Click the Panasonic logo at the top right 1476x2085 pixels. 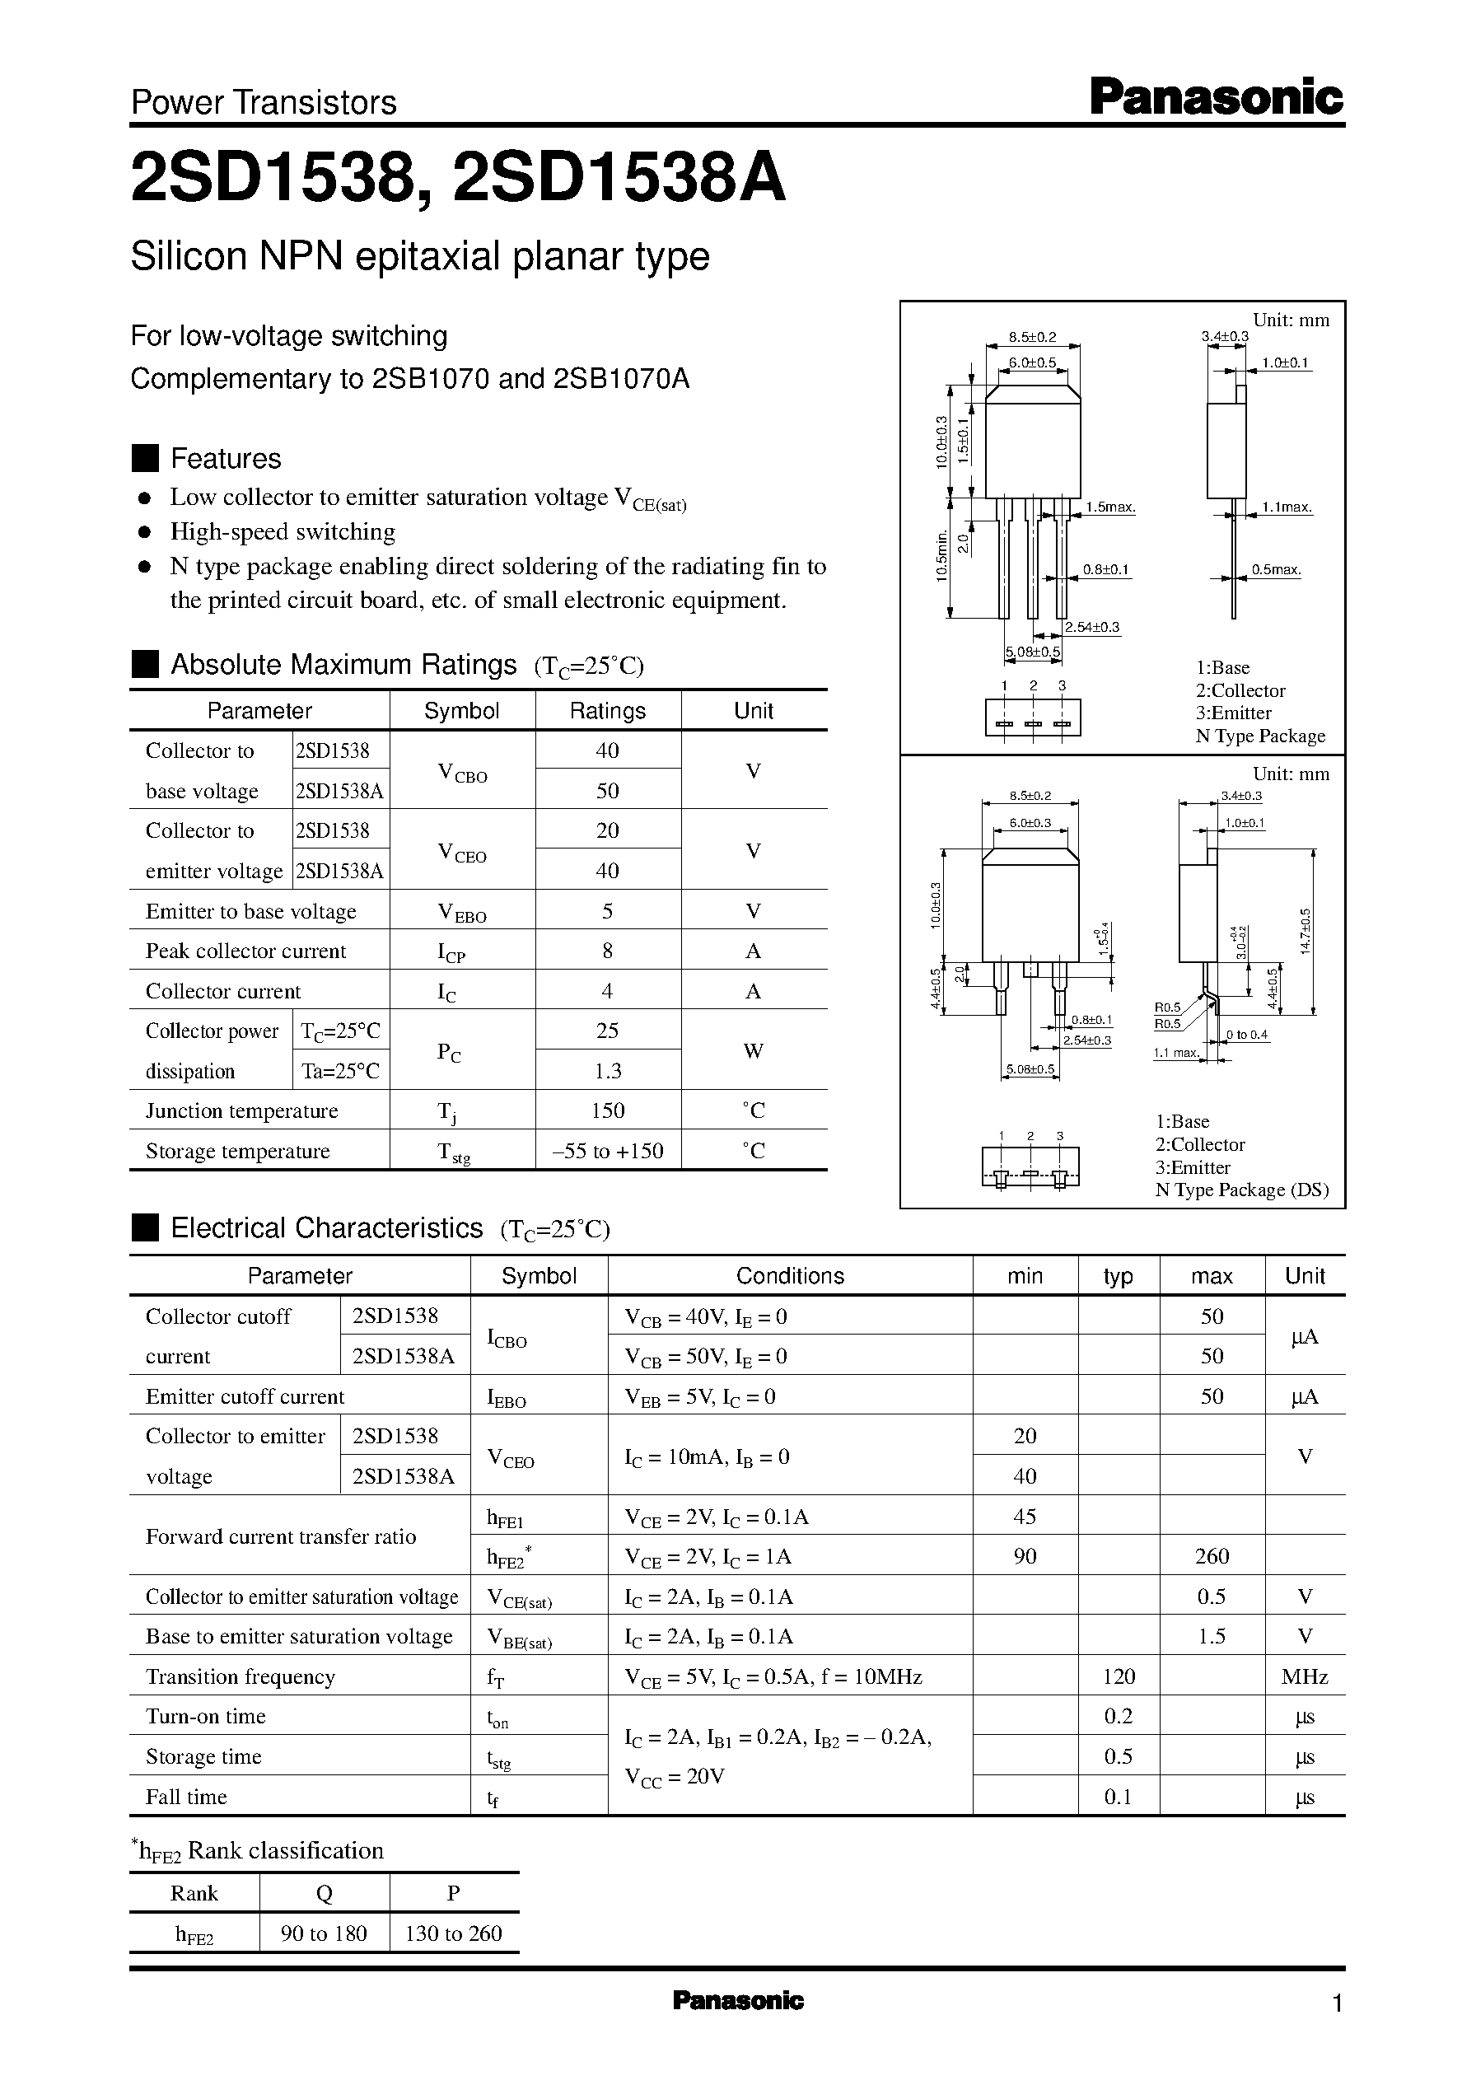(1215, 96)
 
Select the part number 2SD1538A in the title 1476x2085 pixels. (617, 179)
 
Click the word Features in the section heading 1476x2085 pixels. (226, 458)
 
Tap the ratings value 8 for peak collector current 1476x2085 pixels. (607, 951)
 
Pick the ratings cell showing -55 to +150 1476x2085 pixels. (607, 1151)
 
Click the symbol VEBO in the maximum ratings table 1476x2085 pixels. (462, 912)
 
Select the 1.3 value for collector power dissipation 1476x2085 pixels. (607, 1071)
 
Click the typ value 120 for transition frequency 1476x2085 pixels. (1118, 1676)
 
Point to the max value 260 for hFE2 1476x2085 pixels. (1212, 1556)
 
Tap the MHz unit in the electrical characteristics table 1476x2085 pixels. (1304, 1676)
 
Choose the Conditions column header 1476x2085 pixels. (789, 1275)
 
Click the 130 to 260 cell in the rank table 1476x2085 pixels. (454, 1933)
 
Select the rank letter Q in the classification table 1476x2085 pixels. (324, 1893)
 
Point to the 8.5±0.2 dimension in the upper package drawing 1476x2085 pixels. (1033, 337)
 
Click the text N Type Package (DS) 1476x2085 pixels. (1241, 1190)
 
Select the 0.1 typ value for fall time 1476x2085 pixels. (1118, 1797)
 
